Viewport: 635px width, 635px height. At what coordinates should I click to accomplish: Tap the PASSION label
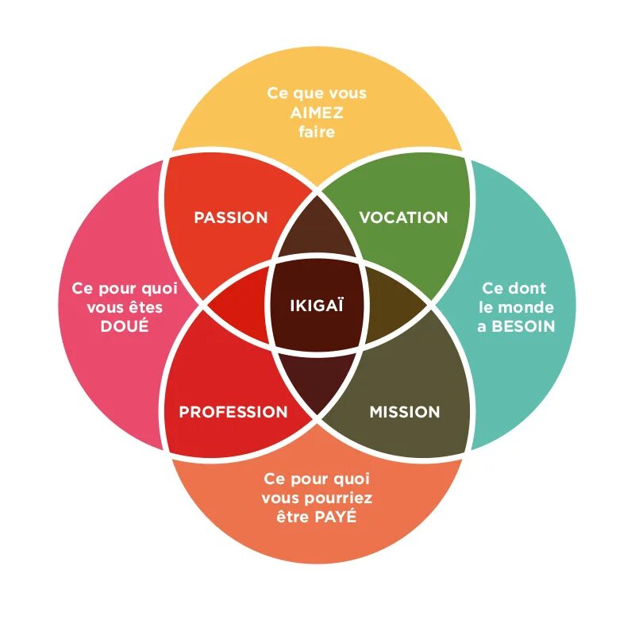coord(231,217)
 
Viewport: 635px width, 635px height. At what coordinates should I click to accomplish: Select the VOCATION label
coord(403,217)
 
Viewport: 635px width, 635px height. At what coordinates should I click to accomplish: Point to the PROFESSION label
coord(233,412)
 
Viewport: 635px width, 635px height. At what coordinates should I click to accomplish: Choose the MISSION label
coord(404,412)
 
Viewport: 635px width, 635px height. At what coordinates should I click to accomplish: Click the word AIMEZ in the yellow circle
coord(317,113)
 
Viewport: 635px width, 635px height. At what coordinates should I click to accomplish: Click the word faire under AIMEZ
coord(317,132)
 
